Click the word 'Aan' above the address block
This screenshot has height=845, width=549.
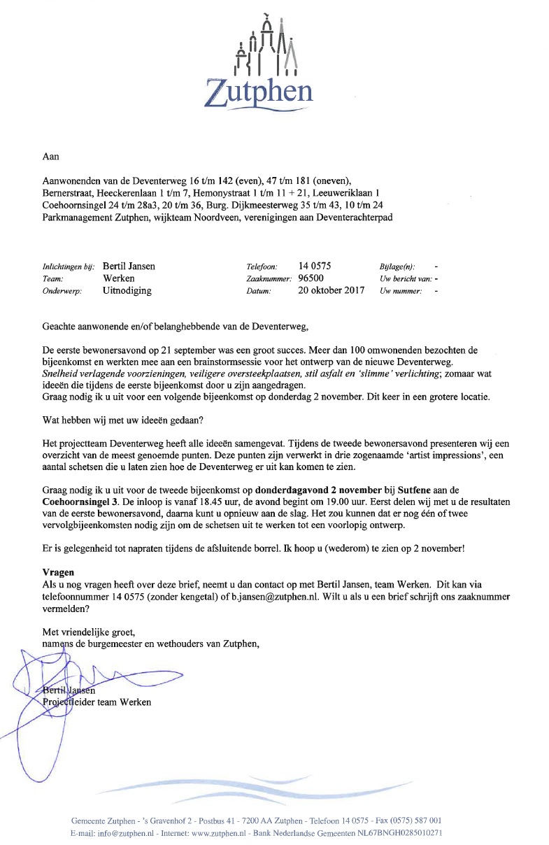(x=51, y=158)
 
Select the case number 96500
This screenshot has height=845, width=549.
(x=311, y=278)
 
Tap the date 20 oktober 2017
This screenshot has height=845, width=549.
(x=331, y=291)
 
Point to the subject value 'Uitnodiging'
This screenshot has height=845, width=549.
(x=127, y=291)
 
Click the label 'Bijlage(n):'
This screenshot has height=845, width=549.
(x=397, y=267)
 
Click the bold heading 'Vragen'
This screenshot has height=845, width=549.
(x=59, y=571)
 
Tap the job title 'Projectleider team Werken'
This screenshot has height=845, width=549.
(x=97, y=702)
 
